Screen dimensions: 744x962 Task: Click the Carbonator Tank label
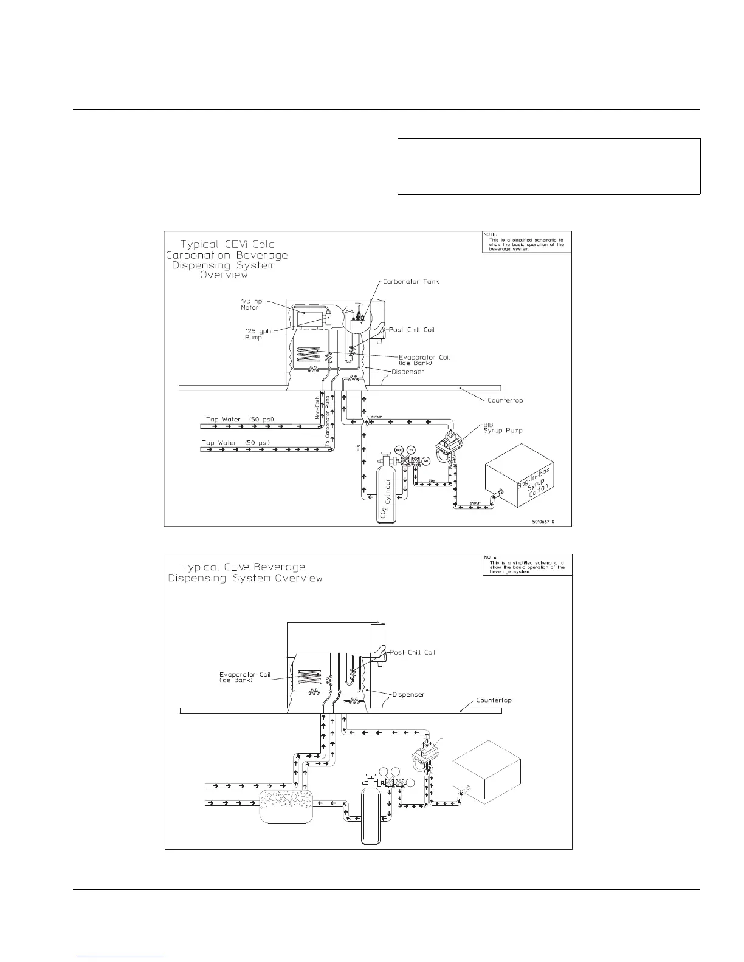pyautogui.click(x=410, y=282)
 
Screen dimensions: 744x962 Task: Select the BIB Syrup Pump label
pyautogui.click(x=506, y=428)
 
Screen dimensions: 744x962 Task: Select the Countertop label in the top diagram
pyautogui.click(x=505, y=401)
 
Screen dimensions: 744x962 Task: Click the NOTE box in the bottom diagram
pyautogui.click(x=526, y=564)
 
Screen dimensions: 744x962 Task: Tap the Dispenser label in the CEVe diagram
pyautogui.click(x=408, y=694)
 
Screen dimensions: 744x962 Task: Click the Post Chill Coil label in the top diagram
pyautogui.click(x=412, y=329)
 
